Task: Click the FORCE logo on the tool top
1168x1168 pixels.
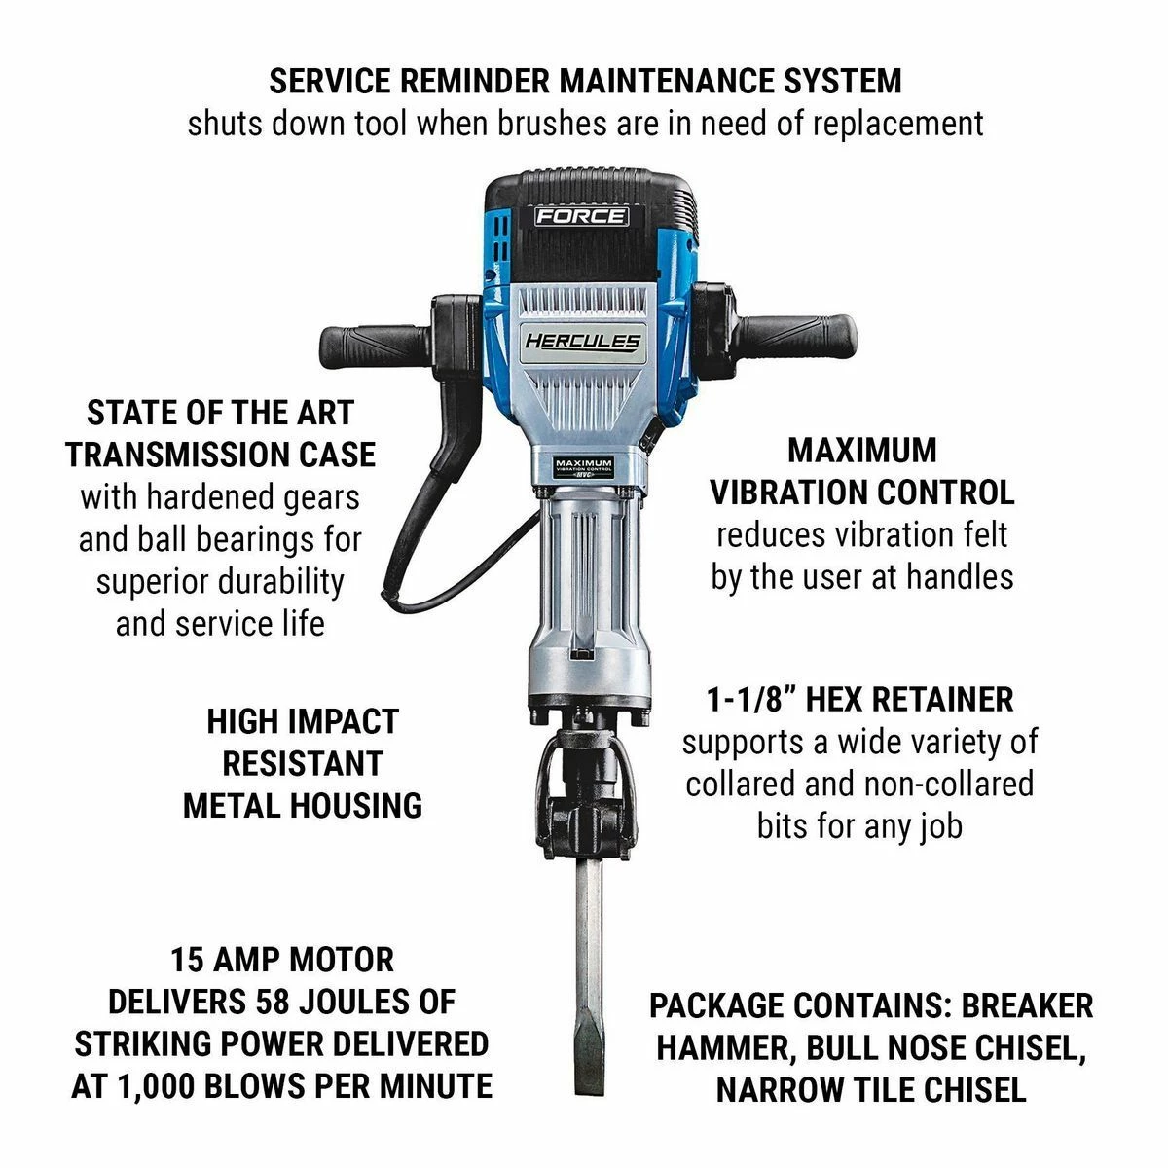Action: tap(581, 216)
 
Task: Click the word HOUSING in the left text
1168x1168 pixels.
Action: tap(363, 805)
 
